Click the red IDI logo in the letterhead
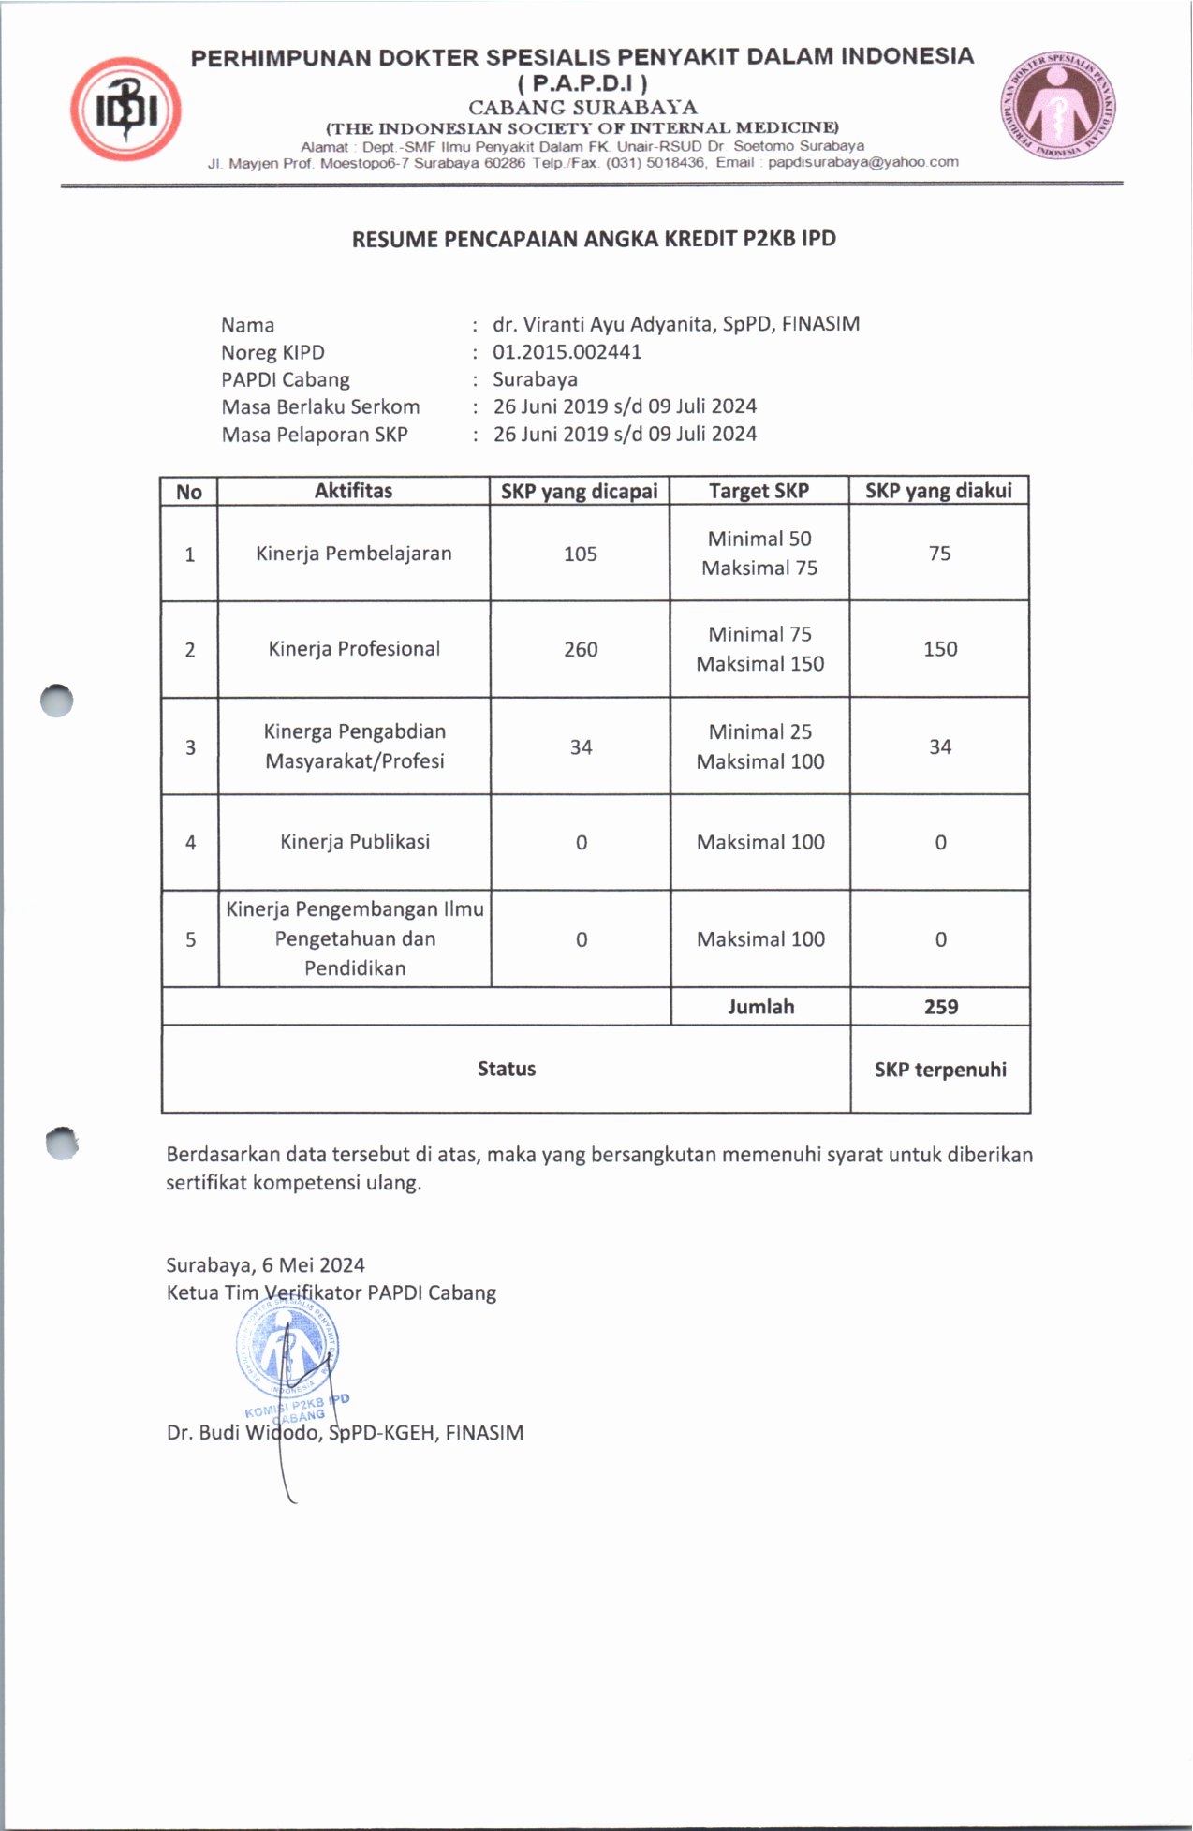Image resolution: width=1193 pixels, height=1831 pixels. tap(125, 110)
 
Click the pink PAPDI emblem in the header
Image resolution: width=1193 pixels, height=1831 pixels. tap(1058, 105)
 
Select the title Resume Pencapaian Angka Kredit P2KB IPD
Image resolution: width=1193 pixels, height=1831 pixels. tap(594, 239)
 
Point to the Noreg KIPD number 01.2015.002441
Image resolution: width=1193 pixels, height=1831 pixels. tap(567, 352)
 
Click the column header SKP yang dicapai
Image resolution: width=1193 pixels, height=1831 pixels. tap(579, 491)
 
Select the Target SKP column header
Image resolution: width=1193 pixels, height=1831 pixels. tap(759, 491)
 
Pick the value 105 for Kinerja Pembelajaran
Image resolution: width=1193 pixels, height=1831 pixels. tap(580, 554)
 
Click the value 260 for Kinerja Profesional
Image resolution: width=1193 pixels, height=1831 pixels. tap(581, 649)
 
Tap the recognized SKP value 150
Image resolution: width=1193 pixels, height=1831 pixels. tap(940, 649)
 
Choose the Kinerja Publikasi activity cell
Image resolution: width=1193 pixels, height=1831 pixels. tap(355, 841)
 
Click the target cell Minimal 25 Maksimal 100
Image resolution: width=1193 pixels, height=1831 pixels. tap(760, 746)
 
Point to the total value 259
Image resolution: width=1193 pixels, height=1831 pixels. tap(941, 1007)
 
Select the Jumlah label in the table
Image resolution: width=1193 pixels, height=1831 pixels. tap(760, 1007)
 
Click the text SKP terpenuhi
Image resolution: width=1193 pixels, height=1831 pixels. tap(940, 1070)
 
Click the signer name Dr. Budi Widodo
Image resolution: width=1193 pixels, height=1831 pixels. tap(243, 1433)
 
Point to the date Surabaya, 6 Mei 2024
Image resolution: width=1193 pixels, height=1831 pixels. tap(265, 1265)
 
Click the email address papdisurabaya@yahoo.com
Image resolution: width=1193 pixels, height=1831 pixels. tap(863, 162)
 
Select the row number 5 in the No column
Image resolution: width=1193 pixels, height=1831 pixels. tap(190, 939)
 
